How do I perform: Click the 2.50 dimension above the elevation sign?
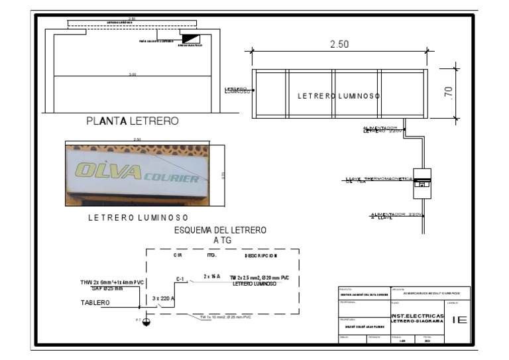339,44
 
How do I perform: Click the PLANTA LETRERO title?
133,121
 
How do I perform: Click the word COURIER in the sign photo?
171,179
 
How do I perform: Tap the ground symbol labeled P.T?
146,322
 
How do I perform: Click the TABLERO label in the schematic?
96,303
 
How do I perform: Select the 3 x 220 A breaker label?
164,299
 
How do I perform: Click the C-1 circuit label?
180,279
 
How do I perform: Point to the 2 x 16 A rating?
212,276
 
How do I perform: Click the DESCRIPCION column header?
261,255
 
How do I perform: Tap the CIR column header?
178,255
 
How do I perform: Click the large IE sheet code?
459,320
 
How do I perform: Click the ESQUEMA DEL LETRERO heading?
220,230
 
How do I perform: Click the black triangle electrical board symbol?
190,40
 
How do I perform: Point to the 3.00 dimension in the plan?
133,75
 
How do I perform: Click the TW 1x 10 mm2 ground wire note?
225,318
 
